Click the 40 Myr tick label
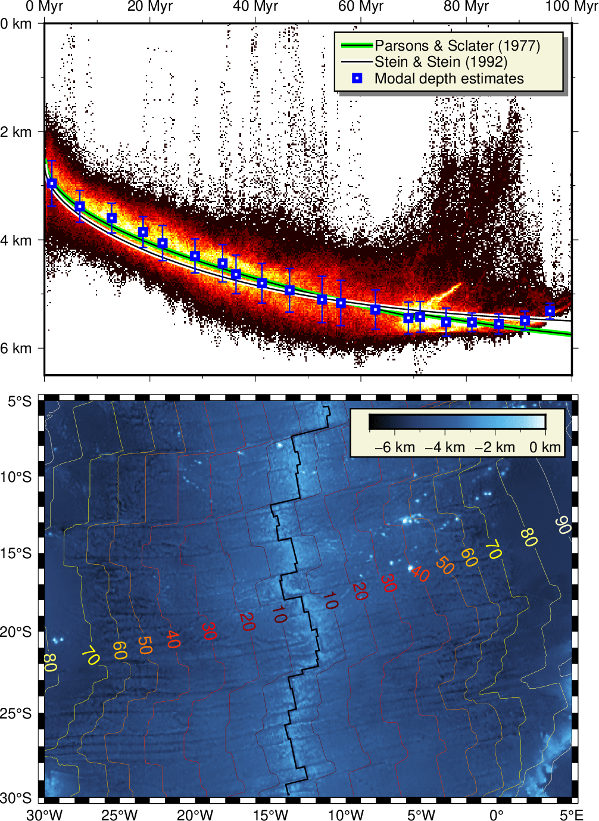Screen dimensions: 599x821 point(255,7)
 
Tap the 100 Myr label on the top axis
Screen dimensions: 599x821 point(572,7)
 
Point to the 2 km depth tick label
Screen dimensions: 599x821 point(17,132)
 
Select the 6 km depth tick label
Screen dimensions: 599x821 point(17,348)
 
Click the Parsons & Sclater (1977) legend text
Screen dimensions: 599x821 point(457,46)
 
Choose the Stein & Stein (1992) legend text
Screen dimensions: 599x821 point(441,62)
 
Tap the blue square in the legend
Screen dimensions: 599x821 point(357,78)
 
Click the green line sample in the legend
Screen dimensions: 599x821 point(357,45)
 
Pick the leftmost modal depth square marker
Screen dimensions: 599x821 point(52,184)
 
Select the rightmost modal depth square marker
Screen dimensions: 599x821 point(550,311)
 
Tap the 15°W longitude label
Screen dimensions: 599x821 point(270,814)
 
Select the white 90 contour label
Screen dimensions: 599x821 point(563,525)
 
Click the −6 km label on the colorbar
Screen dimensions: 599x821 point(395,447)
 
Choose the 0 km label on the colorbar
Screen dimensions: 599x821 point(545,447)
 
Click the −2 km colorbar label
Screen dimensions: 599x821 point(495,447)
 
